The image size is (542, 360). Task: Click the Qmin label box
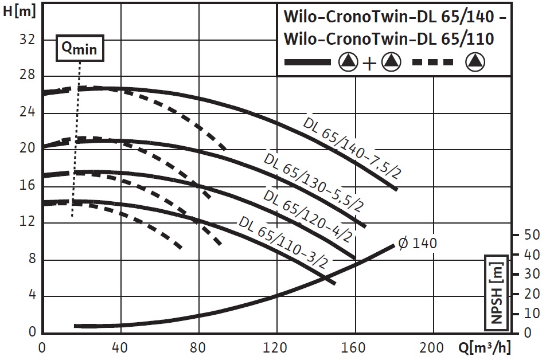[x=80, y=50]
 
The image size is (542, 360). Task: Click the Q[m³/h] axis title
[x=485, y=347]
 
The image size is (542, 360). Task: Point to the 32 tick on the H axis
[x=28, y=39]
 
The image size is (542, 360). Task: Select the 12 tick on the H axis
[x=28, y=222]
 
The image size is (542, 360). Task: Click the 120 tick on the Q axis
[x=277, y=347]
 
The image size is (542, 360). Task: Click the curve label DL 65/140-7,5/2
[x=350, y=147]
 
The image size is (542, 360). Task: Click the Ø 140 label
[x=417, y=243]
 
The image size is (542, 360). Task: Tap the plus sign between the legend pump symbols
[x=369, y=63]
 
